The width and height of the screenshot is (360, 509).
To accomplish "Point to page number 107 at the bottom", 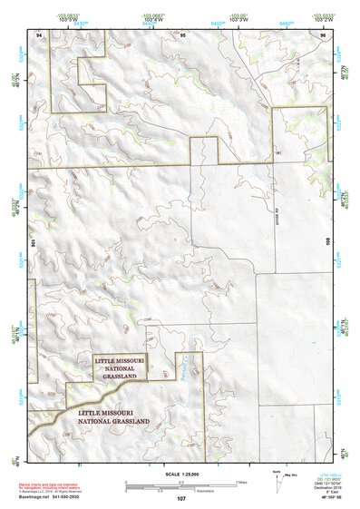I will (x=182, y=498).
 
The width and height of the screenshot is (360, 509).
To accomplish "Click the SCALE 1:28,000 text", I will (x=181, y=475).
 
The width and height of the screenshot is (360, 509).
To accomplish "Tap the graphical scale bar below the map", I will (x=181, y=483).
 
